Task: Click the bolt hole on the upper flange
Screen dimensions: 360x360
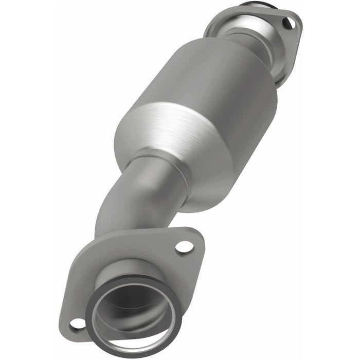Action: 289,23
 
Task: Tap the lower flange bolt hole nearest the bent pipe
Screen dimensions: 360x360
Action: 184,246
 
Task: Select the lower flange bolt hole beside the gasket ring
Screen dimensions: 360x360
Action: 77,323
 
